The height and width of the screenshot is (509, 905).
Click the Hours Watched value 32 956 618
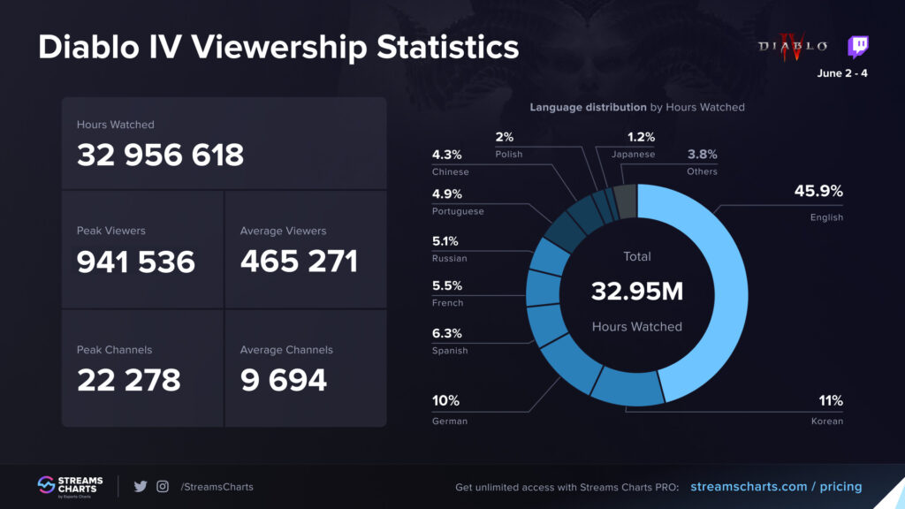(160, 156)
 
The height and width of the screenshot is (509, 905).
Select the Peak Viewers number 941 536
(135, 262)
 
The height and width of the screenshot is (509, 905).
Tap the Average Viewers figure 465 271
(299, 262)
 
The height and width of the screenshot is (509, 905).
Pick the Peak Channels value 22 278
(128, 380)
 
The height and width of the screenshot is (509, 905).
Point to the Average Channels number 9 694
(283, 380)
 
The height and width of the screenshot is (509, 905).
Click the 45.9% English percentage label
(818, 192)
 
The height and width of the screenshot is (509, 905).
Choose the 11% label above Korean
(830, 400)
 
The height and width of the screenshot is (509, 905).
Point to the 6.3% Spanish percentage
(446, 333)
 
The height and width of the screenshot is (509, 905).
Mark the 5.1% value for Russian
(446, 241)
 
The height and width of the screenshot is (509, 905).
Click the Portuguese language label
(457, 212)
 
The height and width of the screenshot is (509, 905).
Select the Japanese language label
(633, 155)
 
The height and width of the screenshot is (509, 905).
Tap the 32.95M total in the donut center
(636, 291)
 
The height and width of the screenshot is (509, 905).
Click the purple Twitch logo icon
(857, 47)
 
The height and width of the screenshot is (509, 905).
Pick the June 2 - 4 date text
(841, 73)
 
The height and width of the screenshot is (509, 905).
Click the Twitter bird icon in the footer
(140, 486)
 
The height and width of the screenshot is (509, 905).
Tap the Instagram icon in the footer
(163, 486)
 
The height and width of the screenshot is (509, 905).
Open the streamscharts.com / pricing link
(775, 487)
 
